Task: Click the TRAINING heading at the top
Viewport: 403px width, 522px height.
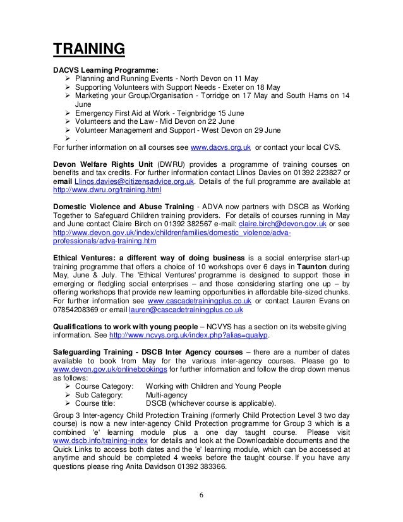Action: (x=88, y=49)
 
